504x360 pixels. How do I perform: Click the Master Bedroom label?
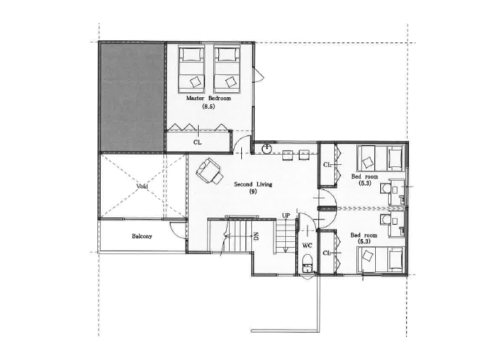pos(208,98)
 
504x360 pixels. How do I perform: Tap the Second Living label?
pos(253,184)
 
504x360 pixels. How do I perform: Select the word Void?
pos(142,186)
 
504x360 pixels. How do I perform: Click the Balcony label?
pos(142,236)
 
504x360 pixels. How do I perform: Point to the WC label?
pos(307,246)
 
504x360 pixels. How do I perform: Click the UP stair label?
pos(286,215)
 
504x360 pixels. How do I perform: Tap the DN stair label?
pos(256,237)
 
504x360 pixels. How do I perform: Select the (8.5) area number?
pos(208,107)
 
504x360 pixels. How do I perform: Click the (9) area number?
pos(253,192)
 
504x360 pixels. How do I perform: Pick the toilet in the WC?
pos(307,262)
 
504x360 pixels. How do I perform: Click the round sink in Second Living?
pos(266,149)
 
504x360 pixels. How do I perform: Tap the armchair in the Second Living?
pos(209,171)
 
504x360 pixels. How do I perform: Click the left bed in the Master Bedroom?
pos(192,67)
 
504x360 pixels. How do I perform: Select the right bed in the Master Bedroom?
pos(227,67)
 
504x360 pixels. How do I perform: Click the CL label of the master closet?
pos(197,143)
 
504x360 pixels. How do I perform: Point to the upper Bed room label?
pos(364,176)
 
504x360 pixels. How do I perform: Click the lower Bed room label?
pos(364,235)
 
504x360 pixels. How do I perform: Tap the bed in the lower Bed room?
pos(380,258)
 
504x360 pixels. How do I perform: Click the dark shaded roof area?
pos(132,97)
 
